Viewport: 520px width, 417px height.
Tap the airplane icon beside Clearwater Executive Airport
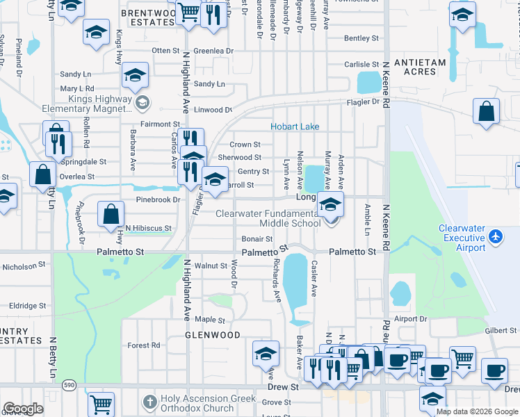(x=496, y=237)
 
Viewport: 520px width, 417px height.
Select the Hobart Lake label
(x=295, y=126)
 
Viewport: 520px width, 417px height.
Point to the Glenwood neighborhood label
(x=203, y=335)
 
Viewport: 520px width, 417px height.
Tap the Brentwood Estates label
(x=148, y=17)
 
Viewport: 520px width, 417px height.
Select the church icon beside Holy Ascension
(x=149, y=402)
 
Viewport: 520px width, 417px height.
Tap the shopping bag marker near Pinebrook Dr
(x=111, y=214)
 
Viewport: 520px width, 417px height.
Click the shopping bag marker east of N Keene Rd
(x=487, y=111)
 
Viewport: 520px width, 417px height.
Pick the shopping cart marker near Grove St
(x=101, y=403)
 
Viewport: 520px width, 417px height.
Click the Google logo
(x=23, y=409)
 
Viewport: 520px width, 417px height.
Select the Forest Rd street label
(x=144, y=345)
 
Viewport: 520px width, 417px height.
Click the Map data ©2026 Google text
(x=477, y=411)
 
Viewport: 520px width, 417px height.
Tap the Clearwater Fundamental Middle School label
(x=268, y=218)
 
